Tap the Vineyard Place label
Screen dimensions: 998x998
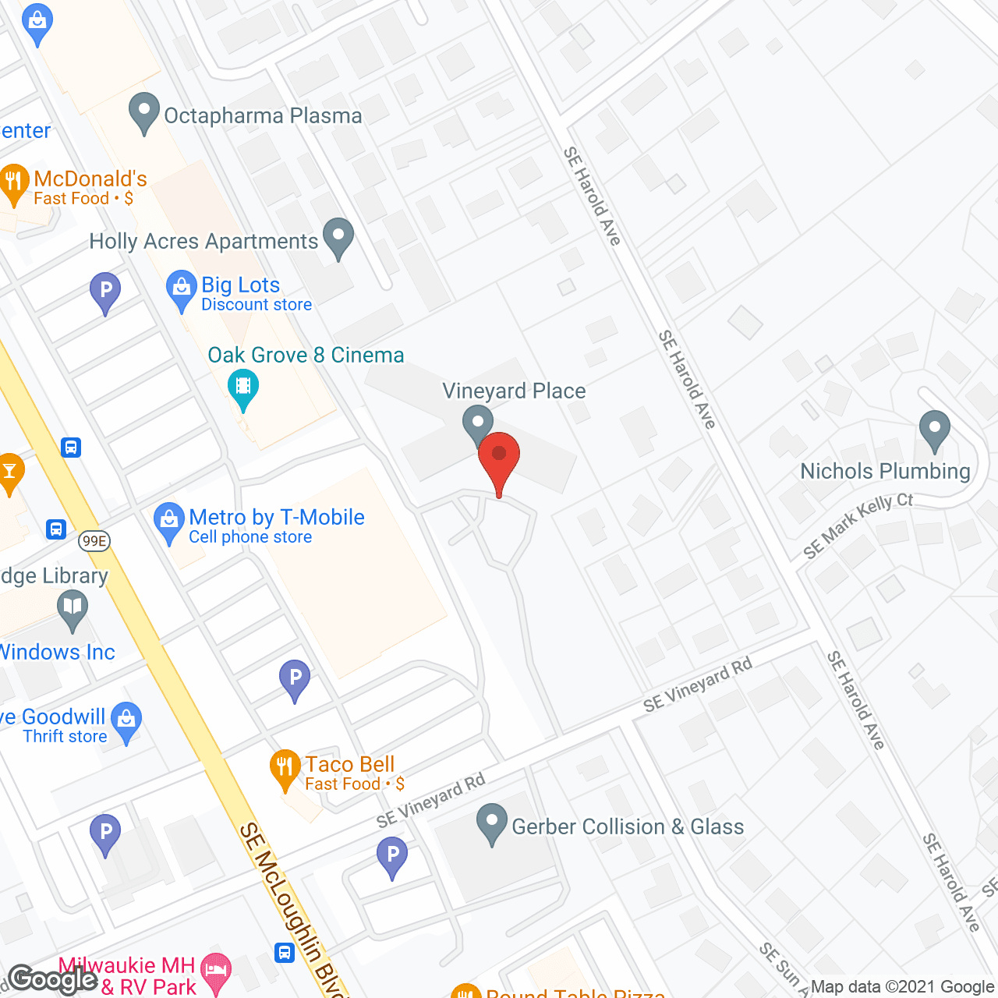[x=514, y=391]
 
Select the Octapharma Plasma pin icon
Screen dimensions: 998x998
[x=144, y=111]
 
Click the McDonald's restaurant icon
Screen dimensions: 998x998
[x=13, y=183]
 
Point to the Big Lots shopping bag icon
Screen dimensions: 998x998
[x=182, y=289]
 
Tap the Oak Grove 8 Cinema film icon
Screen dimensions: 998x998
[x=243, y=388]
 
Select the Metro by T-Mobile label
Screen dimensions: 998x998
[x=276, y=518]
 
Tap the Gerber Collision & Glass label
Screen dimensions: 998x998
[x=628, y=826]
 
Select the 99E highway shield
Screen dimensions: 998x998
[x=94, y=541]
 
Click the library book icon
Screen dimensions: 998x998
[x=73, y=607]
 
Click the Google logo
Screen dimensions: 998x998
[x=53, y=979]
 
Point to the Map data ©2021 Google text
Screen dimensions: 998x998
[x=902, y=987]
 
